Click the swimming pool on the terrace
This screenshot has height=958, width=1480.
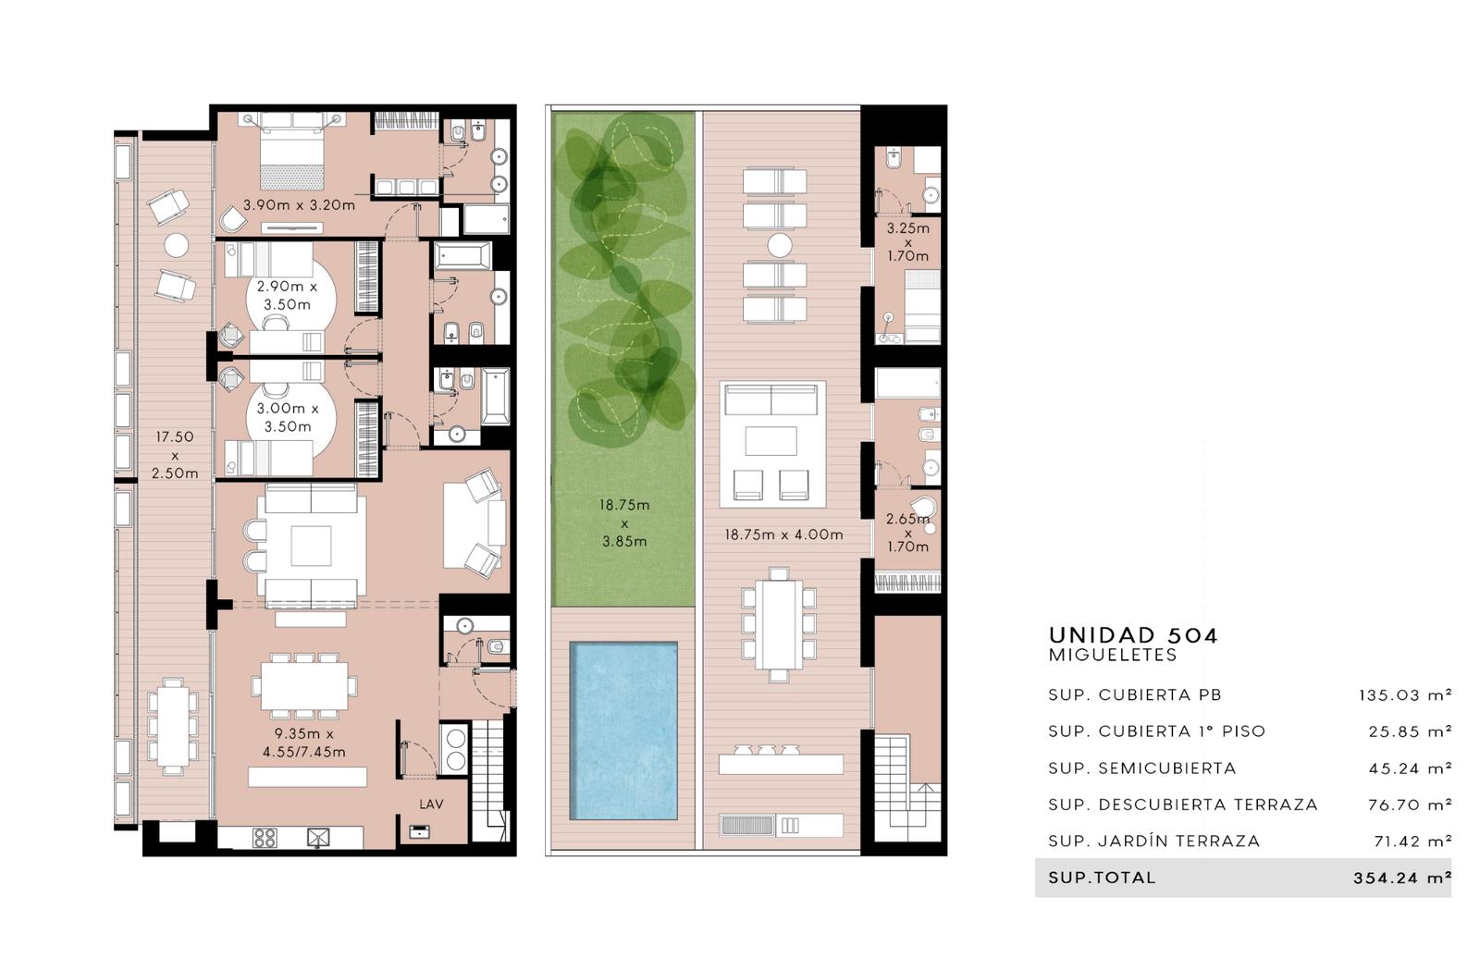pos(623,731)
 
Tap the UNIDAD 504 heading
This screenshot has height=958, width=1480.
pos(1133,635)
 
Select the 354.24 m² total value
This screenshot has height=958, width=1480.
pos(1402,878)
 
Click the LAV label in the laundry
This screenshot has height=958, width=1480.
pos(431,804)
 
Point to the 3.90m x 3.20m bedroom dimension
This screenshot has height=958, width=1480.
pos(300,205)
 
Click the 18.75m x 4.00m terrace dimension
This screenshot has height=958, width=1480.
pos(783,534)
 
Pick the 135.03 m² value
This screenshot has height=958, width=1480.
pos(1405,695)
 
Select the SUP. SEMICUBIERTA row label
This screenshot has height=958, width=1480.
pos(1142,768)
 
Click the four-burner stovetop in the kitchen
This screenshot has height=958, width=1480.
pos(265,838)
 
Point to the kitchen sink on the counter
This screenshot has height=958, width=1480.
pos(318,838)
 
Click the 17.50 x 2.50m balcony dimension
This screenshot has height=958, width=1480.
pos(175,455)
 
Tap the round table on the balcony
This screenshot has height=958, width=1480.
pos(177,245)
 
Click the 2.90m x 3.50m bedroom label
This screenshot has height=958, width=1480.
pos(288,295)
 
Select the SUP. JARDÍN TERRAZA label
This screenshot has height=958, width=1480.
pos(1154,841)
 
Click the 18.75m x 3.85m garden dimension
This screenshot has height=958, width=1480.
pos(624,523)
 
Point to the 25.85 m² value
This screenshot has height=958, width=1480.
pos(1410,731)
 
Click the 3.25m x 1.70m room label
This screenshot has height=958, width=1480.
pos(907,242)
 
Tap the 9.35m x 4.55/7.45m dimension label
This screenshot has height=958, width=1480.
pos(304,743)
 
